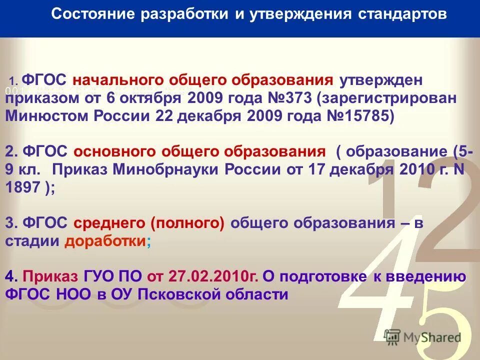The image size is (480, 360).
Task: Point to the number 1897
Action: click(x=23, y=187)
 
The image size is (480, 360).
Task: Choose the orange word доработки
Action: click(x=105, y=241)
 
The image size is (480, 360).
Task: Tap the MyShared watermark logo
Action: click(x=422, y=337)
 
